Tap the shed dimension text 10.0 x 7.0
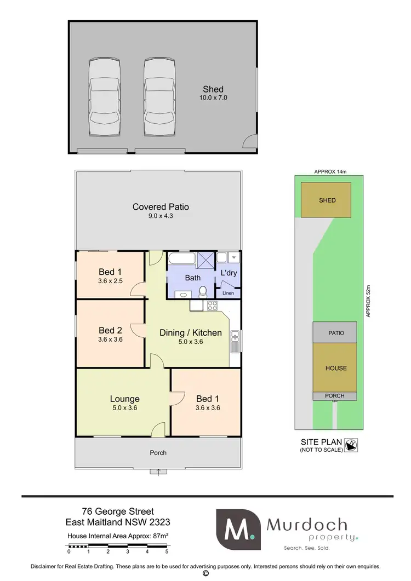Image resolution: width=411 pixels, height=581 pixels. coord(213,98)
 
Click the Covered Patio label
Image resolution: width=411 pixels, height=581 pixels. coord(161,206)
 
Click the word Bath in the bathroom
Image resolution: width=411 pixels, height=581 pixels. coord(192,278)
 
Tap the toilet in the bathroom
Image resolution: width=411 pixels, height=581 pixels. coord(203,291)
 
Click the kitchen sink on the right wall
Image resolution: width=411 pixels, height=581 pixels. coord(235,342)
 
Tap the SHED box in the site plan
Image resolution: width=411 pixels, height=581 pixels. coord(327,200)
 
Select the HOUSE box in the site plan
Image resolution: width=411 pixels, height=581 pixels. coord(335,368)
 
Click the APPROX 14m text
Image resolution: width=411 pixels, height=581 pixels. coord(329,171)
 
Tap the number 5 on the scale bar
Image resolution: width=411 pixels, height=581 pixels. coord(167,551)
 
